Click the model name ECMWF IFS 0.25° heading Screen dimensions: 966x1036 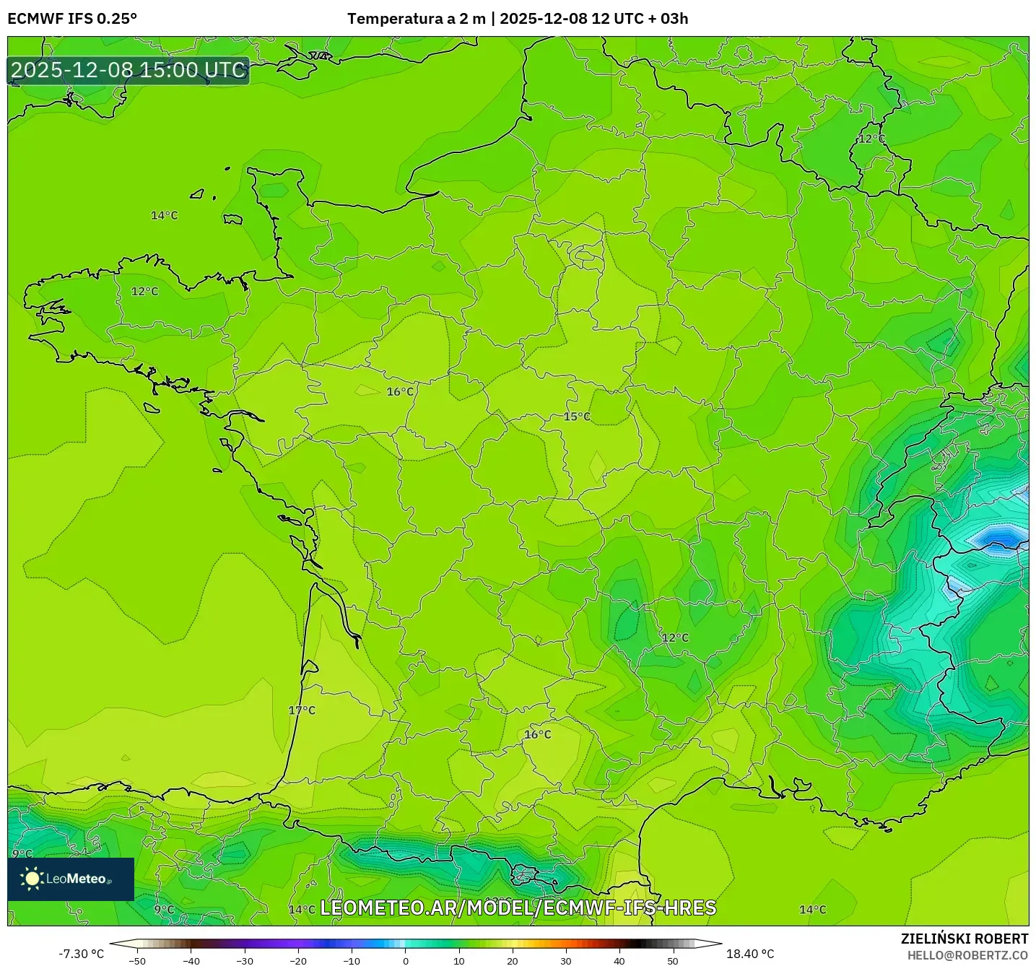(x=72, y=19)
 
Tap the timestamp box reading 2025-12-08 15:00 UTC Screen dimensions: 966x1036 (x=129, y=70)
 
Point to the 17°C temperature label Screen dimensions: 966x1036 (x=302, y=710)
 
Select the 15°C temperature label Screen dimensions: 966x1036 (x=577, y=417)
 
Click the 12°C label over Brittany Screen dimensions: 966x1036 (x=144, y=292)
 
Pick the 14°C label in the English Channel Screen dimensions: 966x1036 (x=164, y=216)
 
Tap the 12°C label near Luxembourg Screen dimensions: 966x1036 (x=871, y=139)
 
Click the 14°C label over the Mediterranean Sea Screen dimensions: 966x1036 (x=812, y=910)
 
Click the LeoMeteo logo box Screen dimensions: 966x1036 (x=71, y=879)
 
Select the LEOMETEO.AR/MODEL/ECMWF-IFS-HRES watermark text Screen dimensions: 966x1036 (x=518, y=908)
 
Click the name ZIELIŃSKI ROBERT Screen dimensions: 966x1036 (x=964, y=939)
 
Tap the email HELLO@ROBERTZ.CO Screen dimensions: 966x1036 (x=967, y=955)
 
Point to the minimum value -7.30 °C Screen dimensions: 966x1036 (x=81, y=954)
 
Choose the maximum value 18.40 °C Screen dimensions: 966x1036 (x=750, y=954)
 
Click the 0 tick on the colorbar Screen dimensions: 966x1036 (x=406, y=960)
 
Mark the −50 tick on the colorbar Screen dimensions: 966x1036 (x=137, y=960)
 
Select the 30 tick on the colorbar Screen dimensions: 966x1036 (x=566, y=960)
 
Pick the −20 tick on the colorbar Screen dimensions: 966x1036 (x=298, y=960)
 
